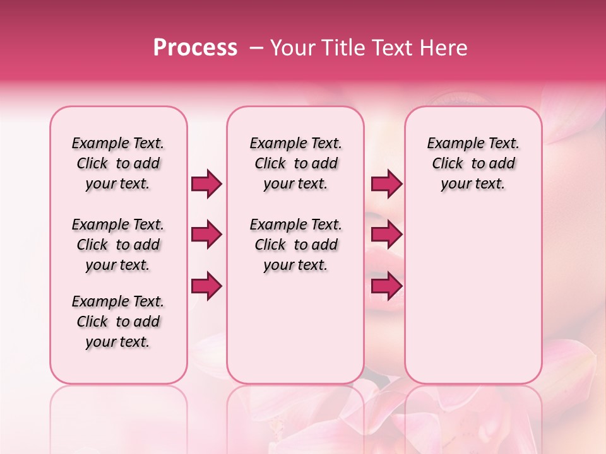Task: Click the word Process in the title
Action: pos(195,48)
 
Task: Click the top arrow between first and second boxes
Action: pos(206,184)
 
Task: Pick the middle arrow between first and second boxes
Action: pos(206,235)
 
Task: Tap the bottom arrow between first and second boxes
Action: pos(206,286)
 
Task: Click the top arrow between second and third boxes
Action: pos(386,184)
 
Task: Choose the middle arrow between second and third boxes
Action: pos(386,235)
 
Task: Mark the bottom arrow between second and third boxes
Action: pos(386,286)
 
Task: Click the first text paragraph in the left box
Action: pos(118,163)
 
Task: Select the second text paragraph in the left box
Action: pos(118,245)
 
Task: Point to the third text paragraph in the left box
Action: pos(118,322)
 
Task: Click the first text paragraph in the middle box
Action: pos(295,163)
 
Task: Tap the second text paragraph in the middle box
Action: pos(295,245)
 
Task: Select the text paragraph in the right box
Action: pos(473,163)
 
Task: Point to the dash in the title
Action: pos(256,48)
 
